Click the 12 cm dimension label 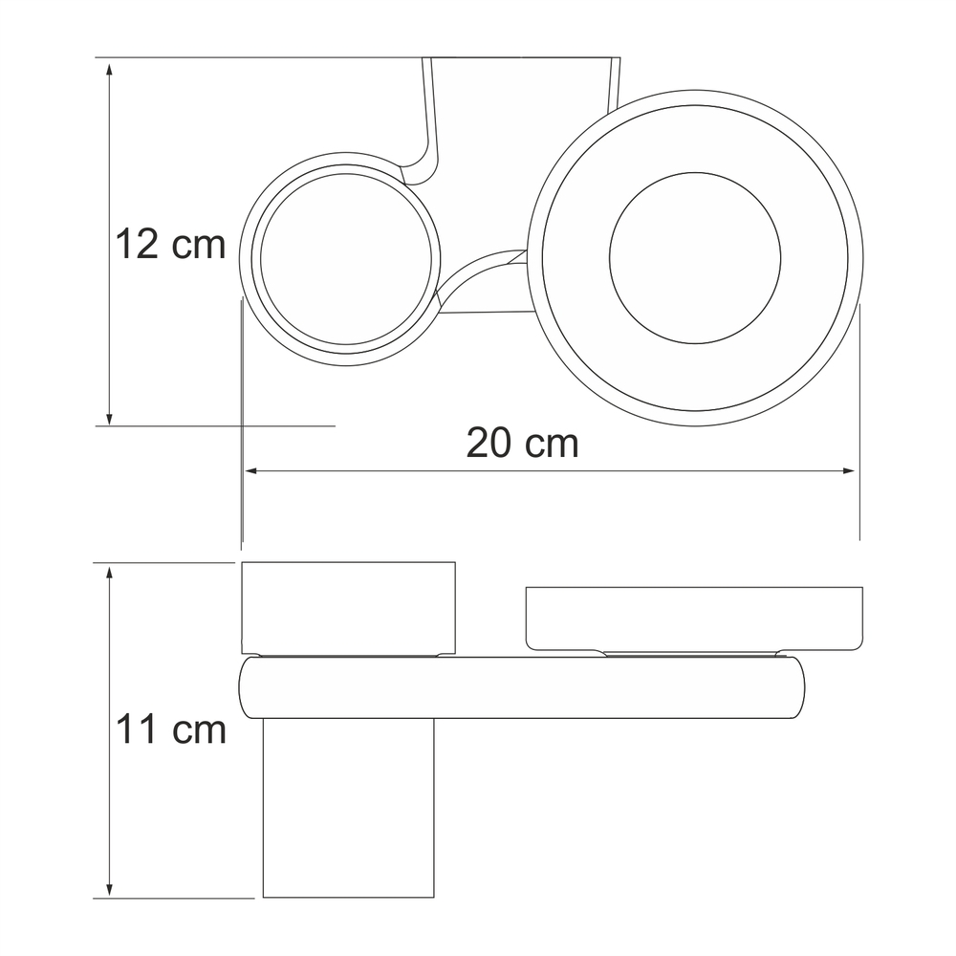point(171,245)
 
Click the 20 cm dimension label point(523,444)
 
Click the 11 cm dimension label point(171,729)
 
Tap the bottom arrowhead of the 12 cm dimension point(109,417)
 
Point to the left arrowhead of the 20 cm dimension point(251,470)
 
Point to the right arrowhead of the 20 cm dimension point(848,470)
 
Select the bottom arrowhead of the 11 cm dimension point(109,889)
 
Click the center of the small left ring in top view point(346,259)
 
